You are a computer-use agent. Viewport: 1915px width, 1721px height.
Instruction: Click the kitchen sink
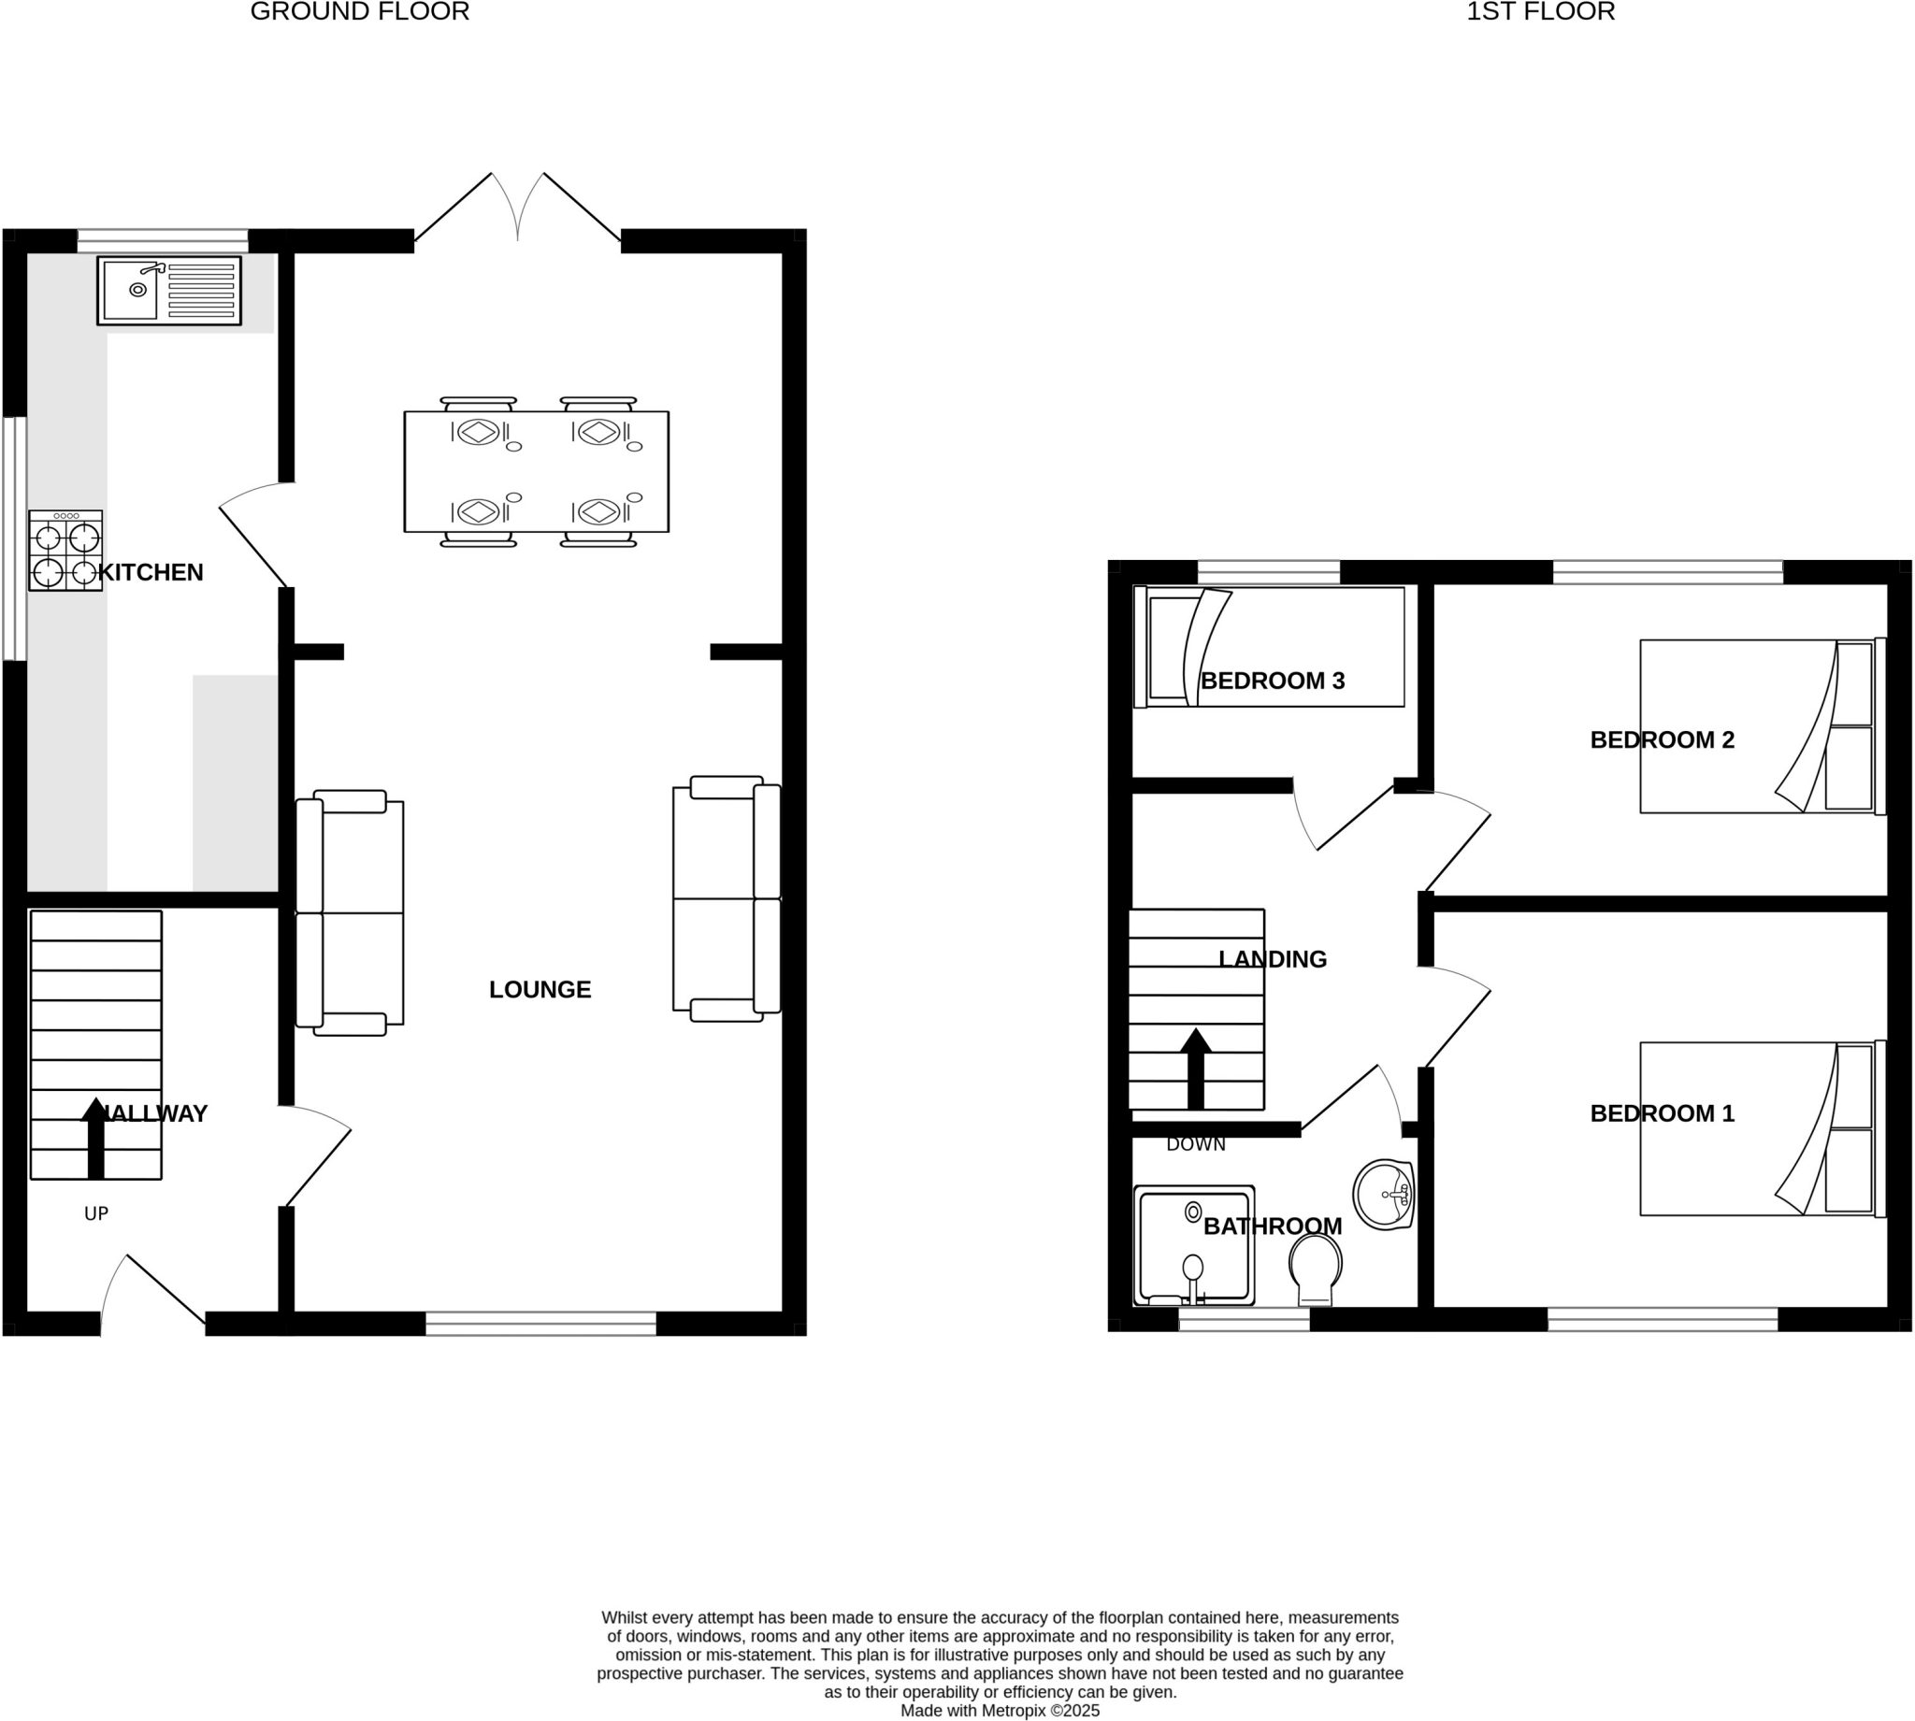click(x=168, y=291)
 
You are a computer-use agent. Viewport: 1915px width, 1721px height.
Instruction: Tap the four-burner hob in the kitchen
click(x=65, y=552)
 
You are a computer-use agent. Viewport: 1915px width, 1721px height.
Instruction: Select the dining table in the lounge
click(x=536, y=472)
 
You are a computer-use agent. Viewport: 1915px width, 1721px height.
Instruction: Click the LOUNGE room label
click(x=540, y=989)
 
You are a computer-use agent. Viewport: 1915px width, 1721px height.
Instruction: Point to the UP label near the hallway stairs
click(x=96, y=1213)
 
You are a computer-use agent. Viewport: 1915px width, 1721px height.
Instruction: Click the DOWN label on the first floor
click(x=1195, y=1144)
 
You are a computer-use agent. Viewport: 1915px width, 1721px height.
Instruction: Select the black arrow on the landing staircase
click(x=1195, y=1068)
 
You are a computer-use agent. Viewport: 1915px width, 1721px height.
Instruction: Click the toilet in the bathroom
click(x=1316, y=1269)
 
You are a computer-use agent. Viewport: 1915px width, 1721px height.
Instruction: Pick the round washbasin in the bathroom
click(x=1383, y=1195)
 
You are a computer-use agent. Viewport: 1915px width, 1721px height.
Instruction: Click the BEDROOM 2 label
click(x=1662, y=739)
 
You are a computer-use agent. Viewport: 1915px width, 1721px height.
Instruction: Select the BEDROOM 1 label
click(x=1662, y=1113)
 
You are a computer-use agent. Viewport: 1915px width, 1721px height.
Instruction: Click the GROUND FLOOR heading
click(x=359, y=12)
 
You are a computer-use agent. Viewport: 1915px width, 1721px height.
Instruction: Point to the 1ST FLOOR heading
click(x=1541, y=12)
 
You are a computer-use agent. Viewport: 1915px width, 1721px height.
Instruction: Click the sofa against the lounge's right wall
click(x=727, y=898)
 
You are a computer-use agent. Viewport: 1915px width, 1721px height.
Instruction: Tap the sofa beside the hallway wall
click(x=350, y=913)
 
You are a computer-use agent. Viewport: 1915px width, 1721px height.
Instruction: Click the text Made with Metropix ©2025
click(x=1000, y=1711)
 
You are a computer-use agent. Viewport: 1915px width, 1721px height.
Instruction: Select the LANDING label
click(x=1272, y=959)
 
